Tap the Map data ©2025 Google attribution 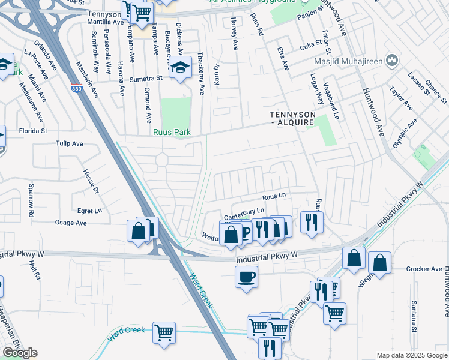tap(411, 355)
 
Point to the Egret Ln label tap(91, 211)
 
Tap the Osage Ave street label tap(71, 223)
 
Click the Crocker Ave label tap(424, 269)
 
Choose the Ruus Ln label tap(274, 196)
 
